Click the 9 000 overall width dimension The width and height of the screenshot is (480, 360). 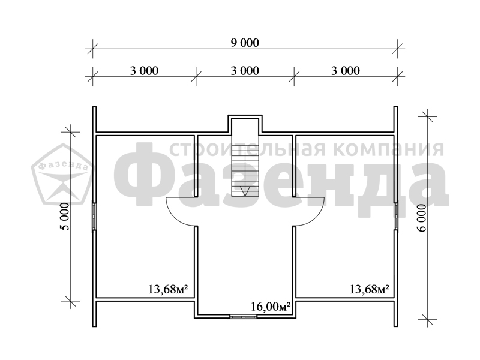point(245,43)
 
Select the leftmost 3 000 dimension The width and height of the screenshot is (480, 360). point(144,71)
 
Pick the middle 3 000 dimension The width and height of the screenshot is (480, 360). point(245,71)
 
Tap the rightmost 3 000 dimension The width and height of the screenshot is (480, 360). point(346,71)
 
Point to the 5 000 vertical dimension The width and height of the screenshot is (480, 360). point(65,216)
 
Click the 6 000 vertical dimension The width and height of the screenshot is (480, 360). point(422,218)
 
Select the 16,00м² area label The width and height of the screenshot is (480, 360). point(271,307)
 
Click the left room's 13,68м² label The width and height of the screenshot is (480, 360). point(168,289)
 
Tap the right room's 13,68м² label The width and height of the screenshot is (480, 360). point(369,289)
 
